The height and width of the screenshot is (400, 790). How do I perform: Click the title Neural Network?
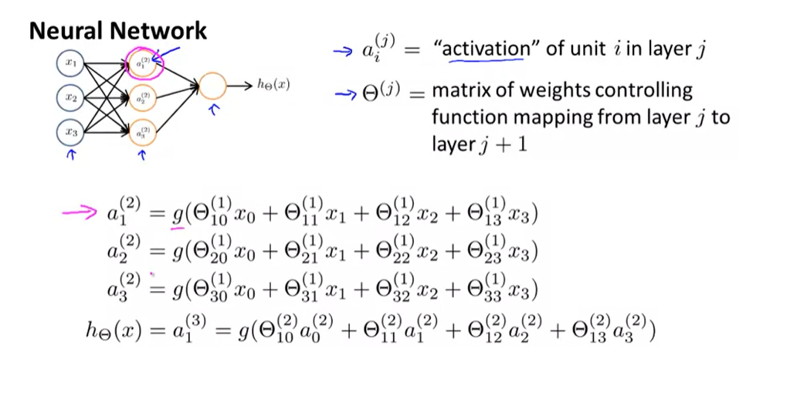tap(118, 31)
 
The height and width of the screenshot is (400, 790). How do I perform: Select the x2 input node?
tap(71, 98)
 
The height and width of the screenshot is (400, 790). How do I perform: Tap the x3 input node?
tap(71, 132)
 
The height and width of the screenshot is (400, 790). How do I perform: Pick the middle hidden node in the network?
tap(144, 98)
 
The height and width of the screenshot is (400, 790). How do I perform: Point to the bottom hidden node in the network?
tap(144, 132)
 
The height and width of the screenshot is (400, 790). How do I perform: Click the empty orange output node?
tap(213, 86)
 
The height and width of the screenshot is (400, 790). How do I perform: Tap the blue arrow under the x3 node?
tap(72, 156)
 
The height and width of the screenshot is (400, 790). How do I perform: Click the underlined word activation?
tap(482, 49)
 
